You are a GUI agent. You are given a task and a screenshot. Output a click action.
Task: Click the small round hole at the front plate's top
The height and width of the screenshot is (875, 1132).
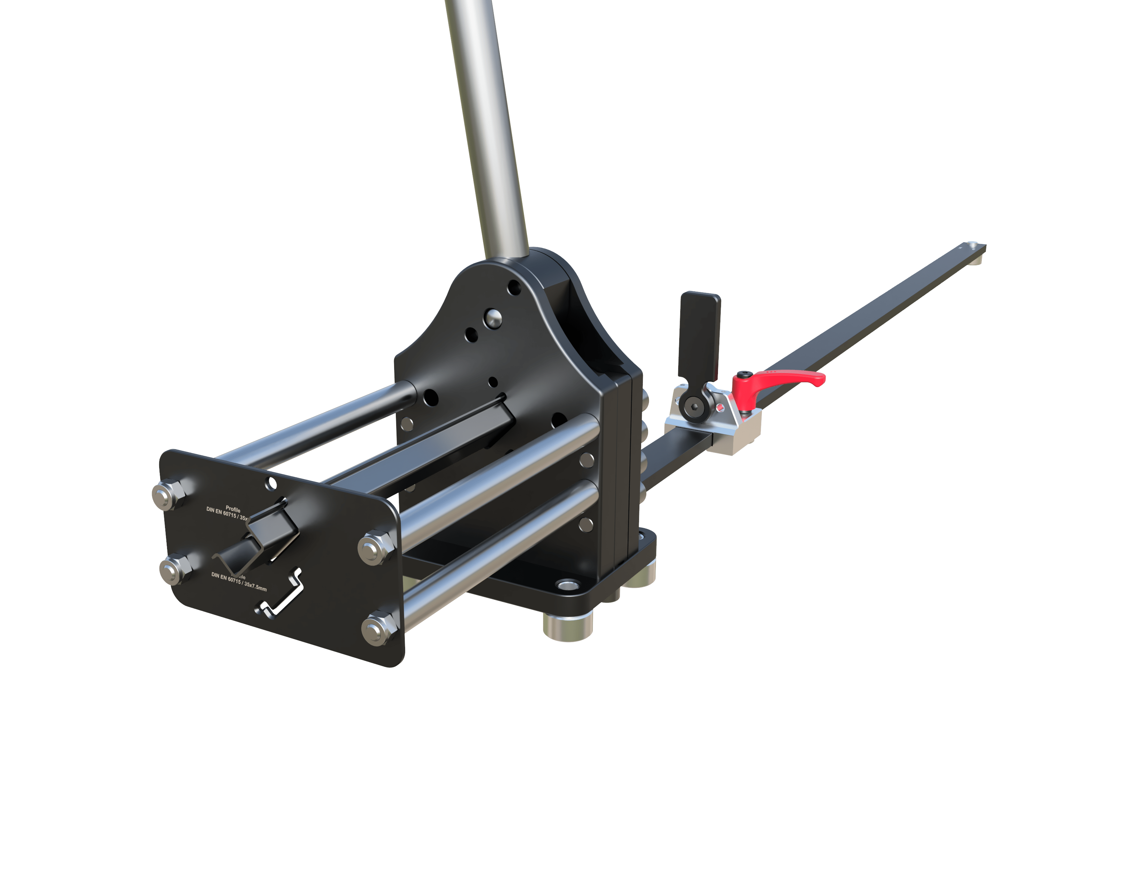pos(271,483)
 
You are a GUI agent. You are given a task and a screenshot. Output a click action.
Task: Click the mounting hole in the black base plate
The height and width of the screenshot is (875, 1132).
pos(568,585)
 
